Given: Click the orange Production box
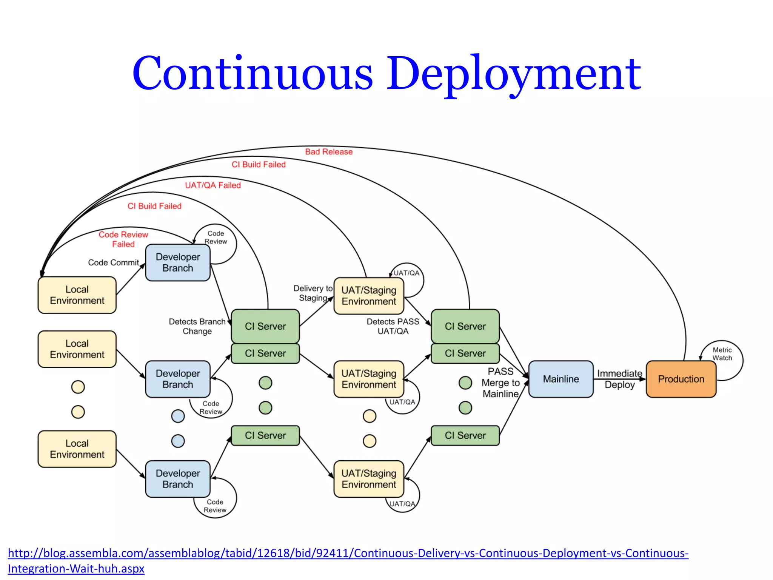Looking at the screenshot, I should click(x=681, y=379).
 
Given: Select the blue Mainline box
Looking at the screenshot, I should click(x=561, y=379).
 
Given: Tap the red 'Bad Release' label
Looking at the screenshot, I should click(x=329, y=152).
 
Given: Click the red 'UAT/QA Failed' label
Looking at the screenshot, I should click(x=213, y=185).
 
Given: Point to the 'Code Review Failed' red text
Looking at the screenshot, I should click(x=123, y=239).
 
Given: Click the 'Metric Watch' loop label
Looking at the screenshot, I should click(x=722, y=354).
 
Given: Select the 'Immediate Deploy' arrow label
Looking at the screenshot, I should click(x=619, y=379).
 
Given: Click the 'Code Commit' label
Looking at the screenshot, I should click(x=113, y=262).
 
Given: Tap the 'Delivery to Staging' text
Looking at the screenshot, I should click(x=313, y=293).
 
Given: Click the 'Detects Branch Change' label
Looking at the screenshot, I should click(x=197, y=326).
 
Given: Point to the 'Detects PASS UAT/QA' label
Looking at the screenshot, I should click(x=393, y=326).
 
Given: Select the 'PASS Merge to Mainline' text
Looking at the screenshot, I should click(x=500, y=383).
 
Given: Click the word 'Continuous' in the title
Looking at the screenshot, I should click(x=253, y=74).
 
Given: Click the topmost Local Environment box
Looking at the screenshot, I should click(x=77, y=295).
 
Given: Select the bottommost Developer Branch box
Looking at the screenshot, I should click(x=178, y=479).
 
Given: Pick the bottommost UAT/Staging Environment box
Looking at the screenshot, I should click(x=369, y=479).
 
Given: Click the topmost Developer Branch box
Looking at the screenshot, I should click(x=178, y=262).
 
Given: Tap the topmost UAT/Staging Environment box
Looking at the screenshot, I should click(x=369, y=296).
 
